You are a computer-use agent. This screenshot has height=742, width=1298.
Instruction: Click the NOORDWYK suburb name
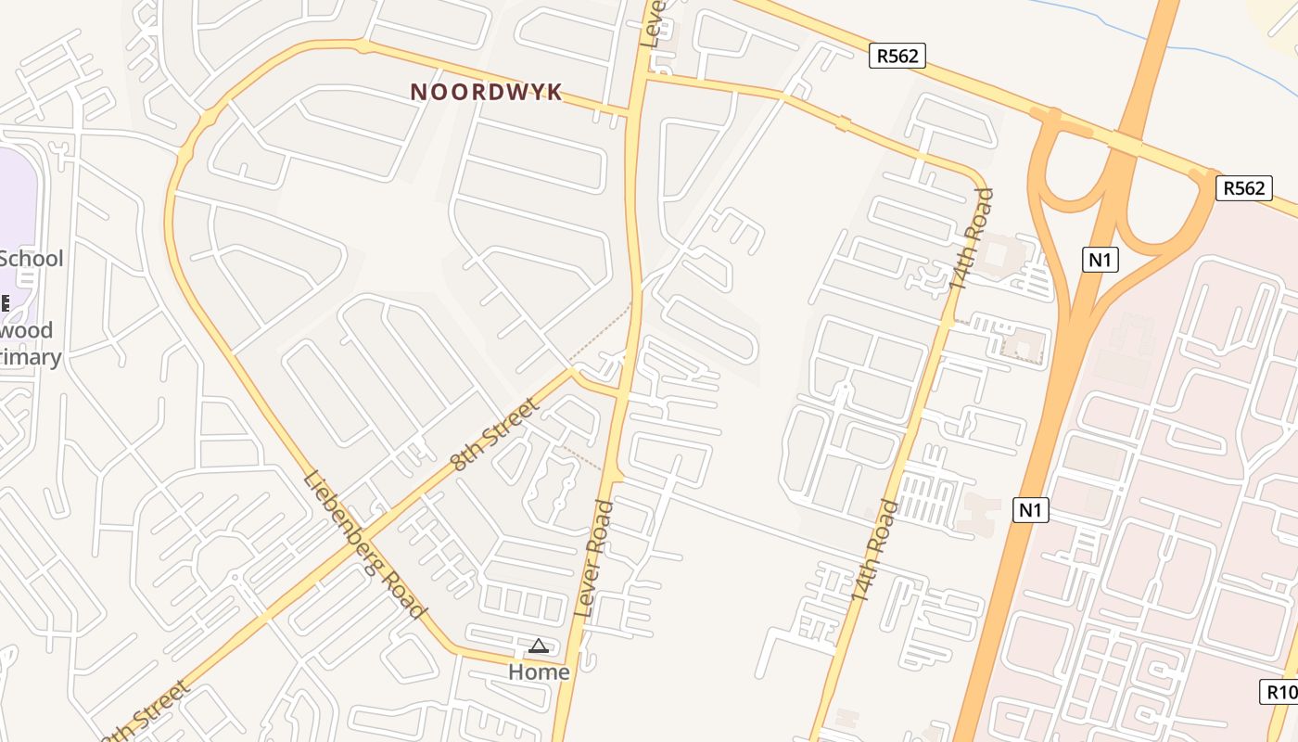(487, 92)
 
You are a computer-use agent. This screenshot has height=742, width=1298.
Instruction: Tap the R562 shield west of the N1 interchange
(897, 56)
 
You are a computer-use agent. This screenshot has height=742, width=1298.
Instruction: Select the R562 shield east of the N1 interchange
(1243, 188)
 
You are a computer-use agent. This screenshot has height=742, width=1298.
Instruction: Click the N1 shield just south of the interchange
(1100, 260)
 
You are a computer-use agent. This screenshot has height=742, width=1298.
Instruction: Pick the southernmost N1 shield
(1030, 509)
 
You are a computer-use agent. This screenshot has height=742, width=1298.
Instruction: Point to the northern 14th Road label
(973, 239)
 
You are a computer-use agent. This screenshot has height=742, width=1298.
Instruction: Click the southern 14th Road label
(875, 552)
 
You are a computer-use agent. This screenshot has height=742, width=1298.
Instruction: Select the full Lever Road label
(594, 558)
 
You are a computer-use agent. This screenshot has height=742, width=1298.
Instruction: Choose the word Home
(539, 671)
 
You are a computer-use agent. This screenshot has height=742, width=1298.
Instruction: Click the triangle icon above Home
(539, 646)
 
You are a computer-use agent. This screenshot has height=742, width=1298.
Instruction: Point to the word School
(32, 259)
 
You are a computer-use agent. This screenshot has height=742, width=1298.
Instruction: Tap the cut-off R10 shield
(1280, 692)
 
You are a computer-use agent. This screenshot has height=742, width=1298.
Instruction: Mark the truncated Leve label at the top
(651, 24)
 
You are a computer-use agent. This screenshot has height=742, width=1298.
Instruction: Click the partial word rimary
(31, 357)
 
